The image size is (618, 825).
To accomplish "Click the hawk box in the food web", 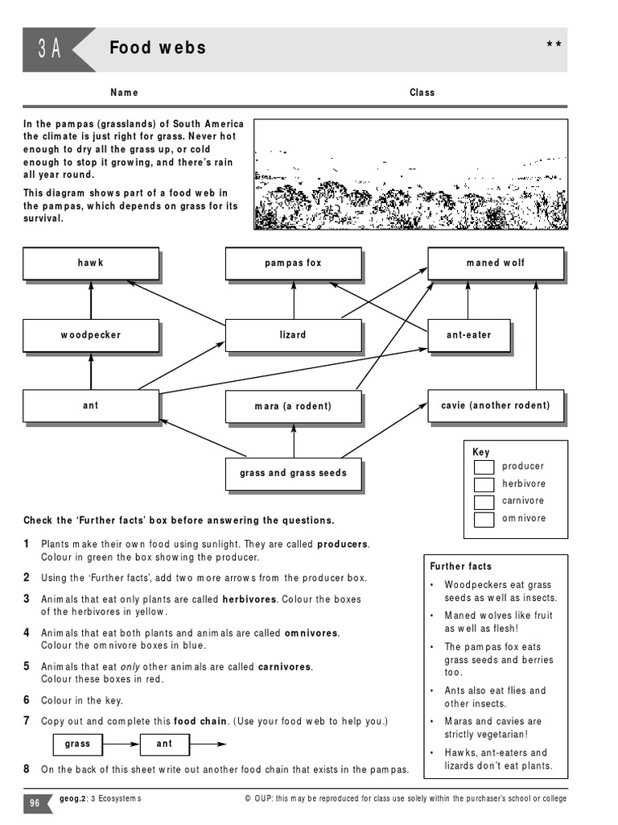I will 91,263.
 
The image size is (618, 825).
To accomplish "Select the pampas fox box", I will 293,263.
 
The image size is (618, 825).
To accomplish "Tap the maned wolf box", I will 495,263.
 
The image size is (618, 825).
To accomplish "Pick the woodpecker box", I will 91,335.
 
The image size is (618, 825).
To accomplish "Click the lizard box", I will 293,335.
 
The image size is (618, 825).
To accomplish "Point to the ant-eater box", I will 468,335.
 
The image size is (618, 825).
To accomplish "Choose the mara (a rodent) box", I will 293,406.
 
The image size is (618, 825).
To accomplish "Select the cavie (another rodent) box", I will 496,405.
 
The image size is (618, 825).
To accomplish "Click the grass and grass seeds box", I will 293,473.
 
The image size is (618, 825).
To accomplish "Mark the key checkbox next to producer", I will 484,467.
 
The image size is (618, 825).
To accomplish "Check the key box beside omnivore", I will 484,519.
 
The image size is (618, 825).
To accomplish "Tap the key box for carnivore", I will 484,501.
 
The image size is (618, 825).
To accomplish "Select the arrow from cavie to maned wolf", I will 536,334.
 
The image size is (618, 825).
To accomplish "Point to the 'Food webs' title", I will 158,48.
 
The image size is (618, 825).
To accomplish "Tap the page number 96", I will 35,802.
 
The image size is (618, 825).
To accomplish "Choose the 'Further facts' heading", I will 461,566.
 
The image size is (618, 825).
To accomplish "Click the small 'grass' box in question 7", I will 78,744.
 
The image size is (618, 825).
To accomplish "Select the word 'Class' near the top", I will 422,93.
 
